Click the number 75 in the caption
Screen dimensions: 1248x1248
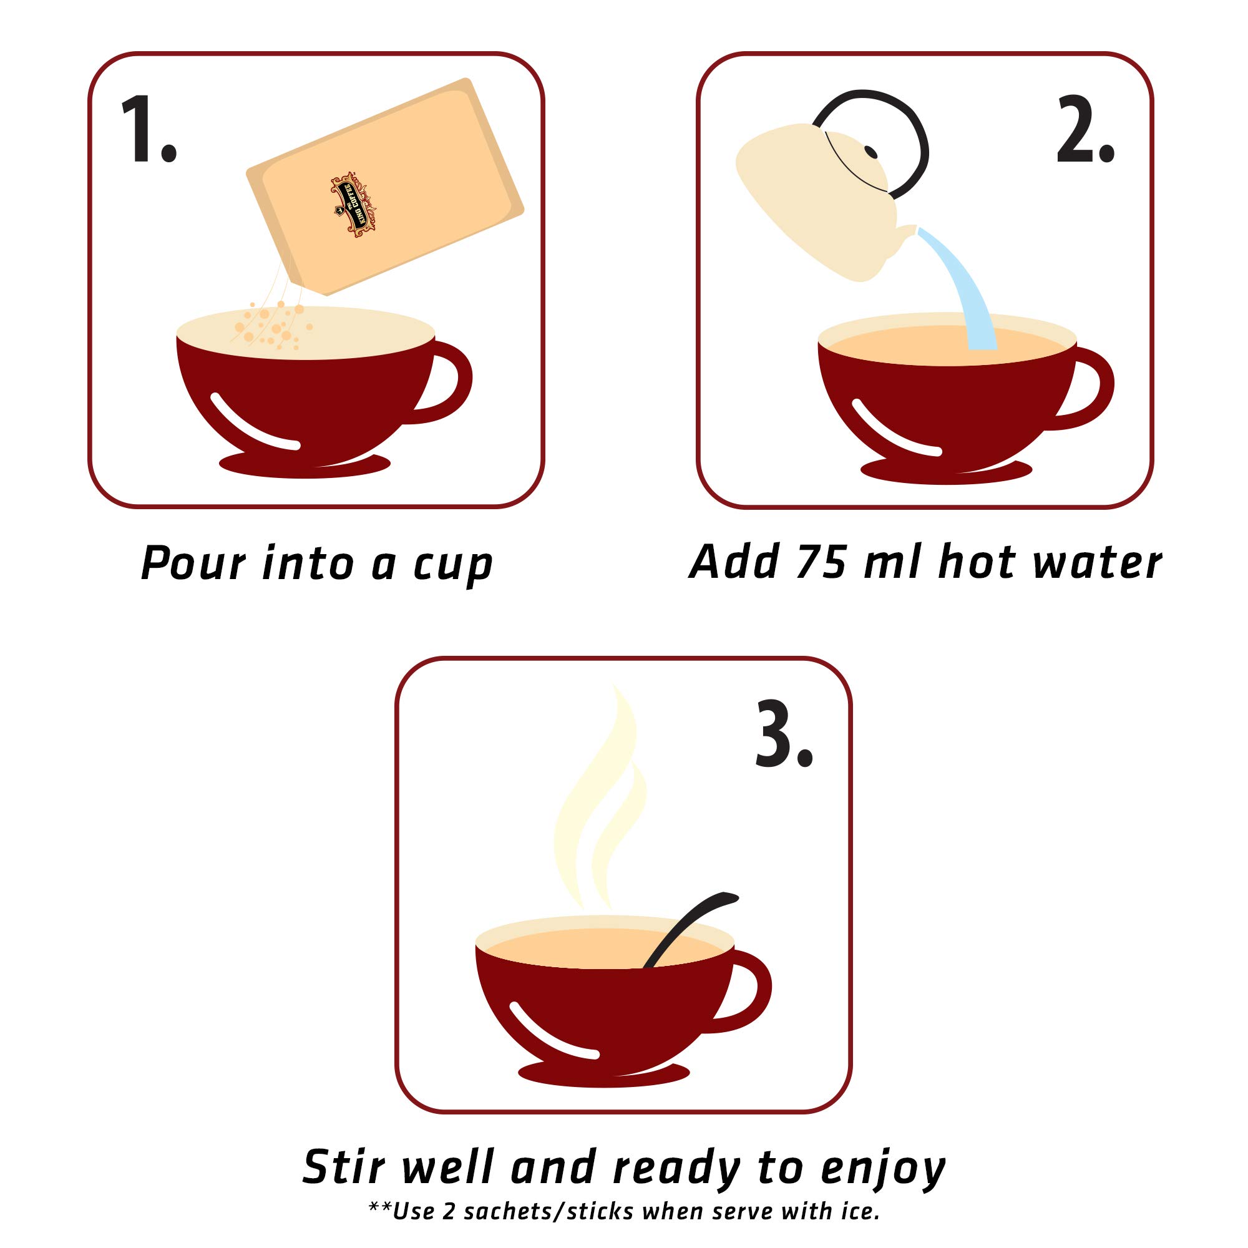(821, 562)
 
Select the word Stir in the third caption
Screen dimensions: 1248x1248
(344, 1167)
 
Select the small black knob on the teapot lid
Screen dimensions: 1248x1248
(870, 152)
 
